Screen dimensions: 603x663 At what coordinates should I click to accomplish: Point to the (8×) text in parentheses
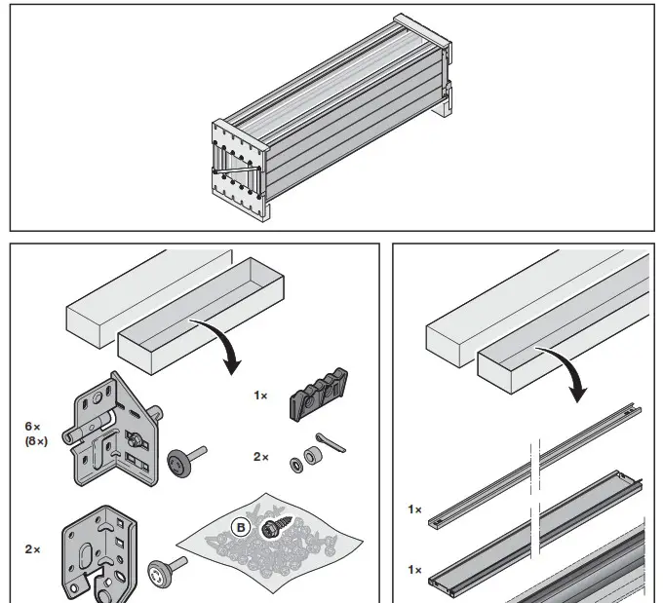tap(37, 441)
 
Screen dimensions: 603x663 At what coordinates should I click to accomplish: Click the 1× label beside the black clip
tap(259, 396)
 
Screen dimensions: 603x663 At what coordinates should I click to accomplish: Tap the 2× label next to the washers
tap(260, 456)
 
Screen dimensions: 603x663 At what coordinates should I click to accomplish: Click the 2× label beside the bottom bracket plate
tap(33, 549)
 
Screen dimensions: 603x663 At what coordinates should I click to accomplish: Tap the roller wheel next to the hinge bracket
tap(187, 460)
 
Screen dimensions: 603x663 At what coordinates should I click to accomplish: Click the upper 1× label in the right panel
tap(415, 509)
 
